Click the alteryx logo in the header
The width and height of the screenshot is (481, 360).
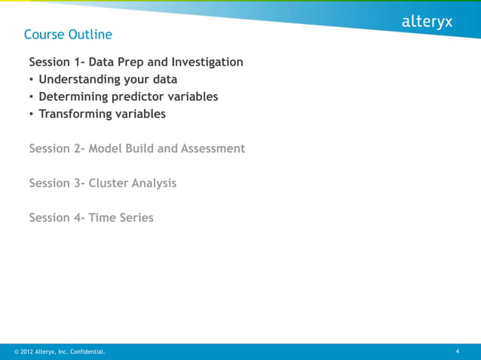[427, 23]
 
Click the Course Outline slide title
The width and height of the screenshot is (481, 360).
[68, 35]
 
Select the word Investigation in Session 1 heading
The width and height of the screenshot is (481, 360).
[207, 62]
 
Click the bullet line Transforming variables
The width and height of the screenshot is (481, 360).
[102, 114]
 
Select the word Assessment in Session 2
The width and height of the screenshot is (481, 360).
[213, 148]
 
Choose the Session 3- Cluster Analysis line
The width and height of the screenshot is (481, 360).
[103, 183]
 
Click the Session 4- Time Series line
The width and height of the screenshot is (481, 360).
[91, 218]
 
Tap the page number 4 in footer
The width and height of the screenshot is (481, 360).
[458, 352]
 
